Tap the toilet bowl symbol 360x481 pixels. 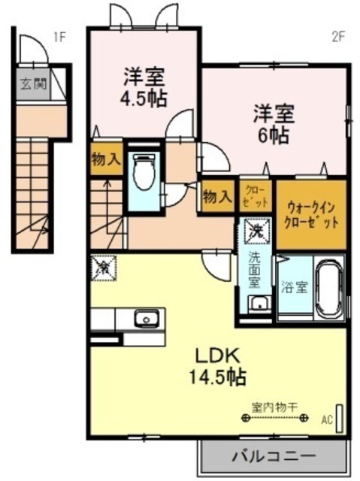pyautogui.click(x=142, y=172)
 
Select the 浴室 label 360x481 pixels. pyautogui.click(x=294, y=286)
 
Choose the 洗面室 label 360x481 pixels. pyautogui.click(x=255, y=270)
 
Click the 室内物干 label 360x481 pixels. pyautogui.click(x=275, y=406)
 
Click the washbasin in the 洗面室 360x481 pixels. pyautogui.click(x=258, y=304)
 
